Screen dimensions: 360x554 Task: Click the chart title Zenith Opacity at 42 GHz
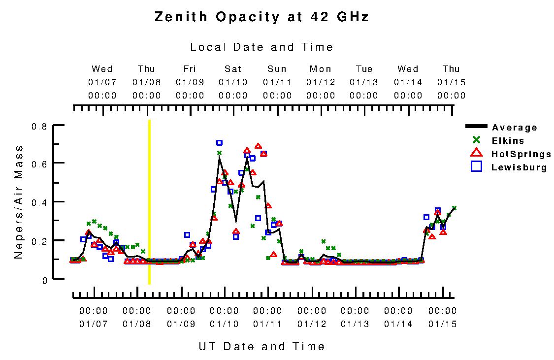click(261, 17)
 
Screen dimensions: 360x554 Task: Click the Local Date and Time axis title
click(261, 47)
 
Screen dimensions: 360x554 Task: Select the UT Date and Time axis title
click(261, 346)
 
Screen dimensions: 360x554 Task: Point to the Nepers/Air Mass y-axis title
click(19, 202)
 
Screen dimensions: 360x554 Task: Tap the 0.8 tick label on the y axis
click(39, 126)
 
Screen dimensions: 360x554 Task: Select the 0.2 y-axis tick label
click(39, 241)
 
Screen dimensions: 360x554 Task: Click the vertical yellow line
click(149, 202)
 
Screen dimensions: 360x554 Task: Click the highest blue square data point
click(219, 143)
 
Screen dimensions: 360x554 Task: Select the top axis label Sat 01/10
click(233, 82)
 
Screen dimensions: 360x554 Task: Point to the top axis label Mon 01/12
click(321, 82)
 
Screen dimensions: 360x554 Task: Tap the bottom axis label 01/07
click(93, 324)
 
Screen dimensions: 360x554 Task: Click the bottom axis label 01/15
click(442, 324)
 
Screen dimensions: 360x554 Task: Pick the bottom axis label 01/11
click(267, 324)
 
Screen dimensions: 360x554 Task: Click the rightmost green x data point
click(454, 208)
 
